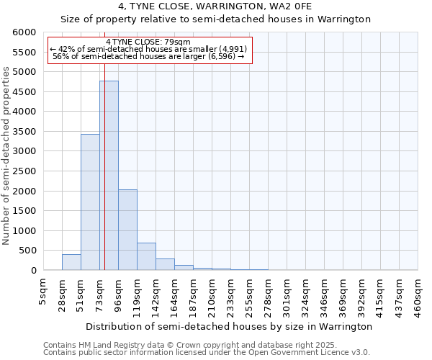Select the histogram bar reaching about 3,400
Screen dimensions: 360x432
coord(90,202)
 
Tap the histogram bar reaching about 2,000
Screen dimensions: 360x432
coord(127,230)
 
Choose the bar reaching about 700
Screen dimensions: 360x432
coord(146,256)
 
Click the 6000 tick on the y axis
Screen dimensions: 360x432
coord(24,32)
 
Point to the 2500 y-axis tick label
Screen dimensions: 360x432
coord(24,171)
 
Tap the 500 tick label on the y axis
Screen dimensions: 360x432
coord(27,251)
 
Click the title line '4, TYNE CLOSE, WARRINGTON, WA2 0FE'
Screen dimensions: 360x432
coord(215,7)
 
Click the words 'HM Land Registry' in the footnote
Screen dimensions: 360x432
coord(112,345)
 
